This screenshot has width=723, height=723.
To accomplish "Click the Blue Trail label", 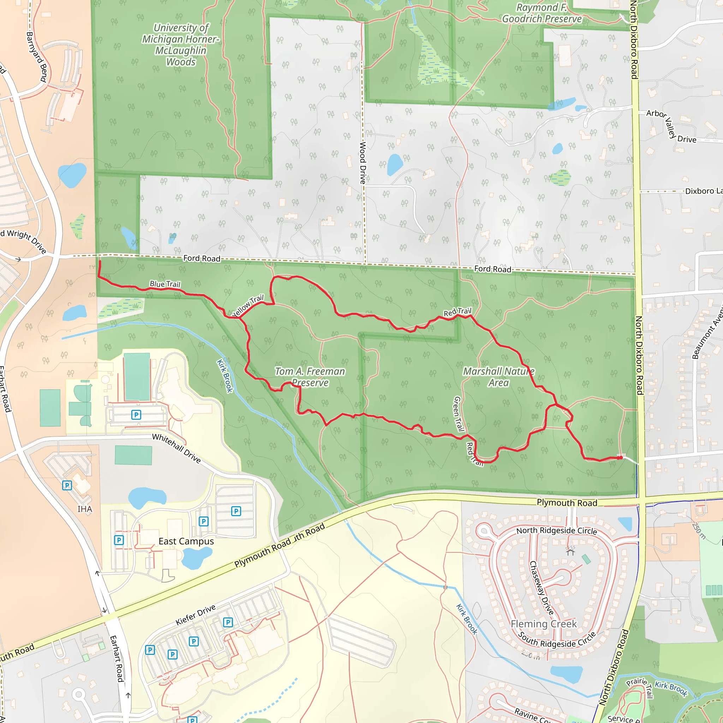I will (x=165, y=284).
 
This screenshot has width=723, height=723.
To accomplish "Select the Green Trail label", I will (x=459, y=414).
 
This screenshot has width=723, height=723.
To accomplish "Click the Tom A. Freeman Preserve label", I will (x=310, y=377).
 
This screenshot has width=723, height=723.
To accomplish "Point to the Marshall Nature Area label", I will (x=498, y=377).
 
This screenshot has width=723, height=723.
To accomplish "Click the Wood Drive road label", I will (x=362, y=163).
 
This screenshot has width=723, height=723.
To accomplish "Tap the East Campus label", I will (x=186, y=542).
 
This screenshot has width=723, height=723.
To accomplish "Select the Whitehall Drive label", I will (x=176, y=448).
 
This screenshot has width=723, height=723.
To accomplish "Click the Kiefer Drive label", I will (x=196, y=615).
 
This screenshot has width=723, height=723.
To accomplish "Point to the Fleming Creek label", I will (x=543, y=624).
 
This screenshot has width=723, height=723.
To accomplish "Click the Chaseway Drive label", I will (x=541, y=588).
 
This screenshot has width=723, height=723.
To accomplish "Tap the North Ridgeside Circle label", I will (x=556, y=531).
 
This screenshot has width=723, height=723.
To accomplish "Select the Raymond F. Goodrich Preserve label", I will (x=542, y=13).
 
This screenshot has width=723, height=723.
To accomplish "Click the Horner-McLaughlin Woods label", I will (x=181, y=45).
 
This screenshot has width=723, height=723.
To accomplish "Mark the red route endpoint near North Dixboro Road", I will (x=621, y=457).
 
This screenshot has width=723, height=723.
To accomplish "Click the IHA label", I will (x=85, y=509).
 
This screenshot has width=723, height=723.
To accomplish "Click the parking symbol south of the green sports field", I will (x=136, y=415).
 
